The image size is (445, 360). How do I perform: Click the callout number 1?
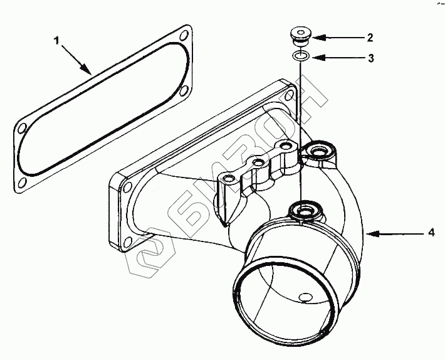[57, 42]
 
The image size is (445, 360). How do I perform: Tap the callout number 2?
[370, 38]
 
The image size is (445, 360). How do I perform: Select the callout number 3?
[370, 58]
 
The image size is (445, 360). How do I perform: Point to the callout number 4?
[431, 233]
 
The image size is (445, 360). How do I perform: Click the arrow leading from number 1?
[76, 60]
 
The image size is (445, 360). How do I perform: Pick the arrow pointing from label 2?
[338, 38]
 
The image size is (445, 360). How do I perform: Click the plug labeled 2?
[301, 35]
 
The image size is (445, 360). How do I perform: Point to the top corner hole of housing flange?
[288, 94]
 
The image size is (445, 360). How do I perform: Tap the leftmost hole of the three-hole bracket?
[229, 180]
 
